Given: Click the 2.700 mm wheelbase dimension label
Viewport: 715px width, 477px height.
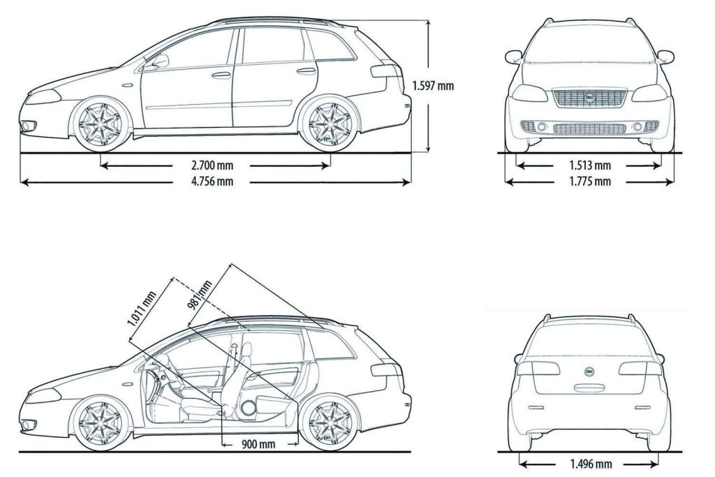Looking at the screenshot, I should coord(212,166).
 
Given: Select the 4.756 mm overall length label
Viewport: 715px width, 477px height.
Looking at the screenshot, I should coord(212,182).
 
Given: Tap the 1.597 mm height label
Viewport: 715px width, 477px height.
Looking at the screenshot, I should coord(433,87).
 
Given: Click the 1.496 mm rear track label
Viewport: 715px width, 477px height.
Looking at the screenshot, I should coord(591,464).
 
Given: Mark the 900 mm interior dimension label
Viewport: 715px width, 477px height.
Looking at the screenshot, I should coord(258,444).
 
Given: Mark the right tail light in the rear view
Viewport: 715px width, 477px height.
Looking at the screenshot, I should coord(640,369).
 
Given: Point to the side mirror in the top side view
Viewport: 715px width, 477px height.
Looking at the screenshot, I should coord(160,61).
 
